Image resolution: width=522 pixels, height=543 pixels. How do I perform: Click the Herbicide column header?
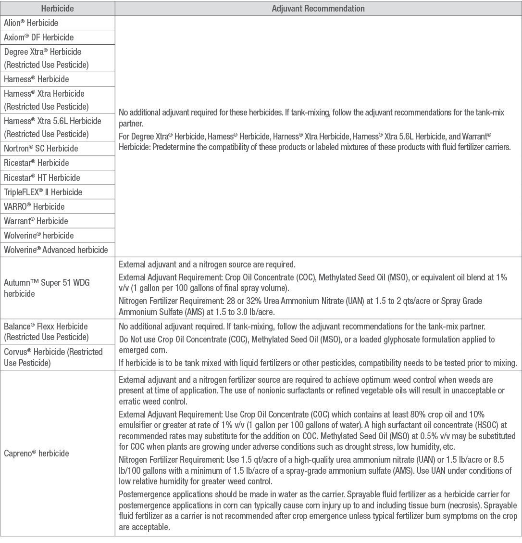point(58,9)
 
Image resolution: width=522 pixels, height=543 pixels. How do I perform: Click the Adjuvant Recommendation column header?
point(318,9)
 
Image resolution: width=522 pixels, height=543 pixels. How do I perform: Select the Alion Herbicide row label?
point(31,23)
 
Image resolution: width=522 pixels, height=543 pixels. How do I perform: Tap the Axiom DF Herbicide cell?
point(39,37)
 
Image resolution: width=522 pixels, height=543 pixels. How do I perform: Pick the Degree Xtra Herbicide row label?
point(46,58)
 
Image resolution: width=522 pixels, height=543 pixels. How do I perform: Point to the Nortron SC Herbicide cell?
point(41,148)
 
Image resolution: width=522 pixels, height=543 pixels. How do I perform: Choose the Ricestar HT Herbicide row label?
point(42,177)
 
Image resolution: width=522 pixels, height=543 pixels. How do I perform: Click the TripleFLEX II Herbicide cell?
point(43,192)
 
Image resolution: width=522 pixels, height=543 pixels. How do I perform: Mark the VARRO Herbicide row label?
point(34,206)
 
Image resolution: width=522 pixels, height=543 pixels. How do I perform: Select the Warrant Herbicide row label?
point(36,221)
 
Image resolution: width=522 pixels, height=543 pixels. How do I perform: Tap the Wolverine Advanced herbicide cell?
point(56,250)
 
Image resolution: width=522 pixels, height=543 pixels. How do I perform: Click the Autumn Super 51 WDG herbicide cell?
point(47,288)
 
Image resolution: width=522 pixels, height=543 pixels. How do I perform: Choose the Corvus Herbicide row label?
point(53,356)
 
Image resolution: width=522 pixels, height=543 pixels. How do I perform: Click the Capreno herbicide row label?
point(37,453)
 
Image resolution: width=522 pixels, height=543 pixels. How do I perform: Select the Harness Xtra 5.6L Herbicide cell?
point(52,127)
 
